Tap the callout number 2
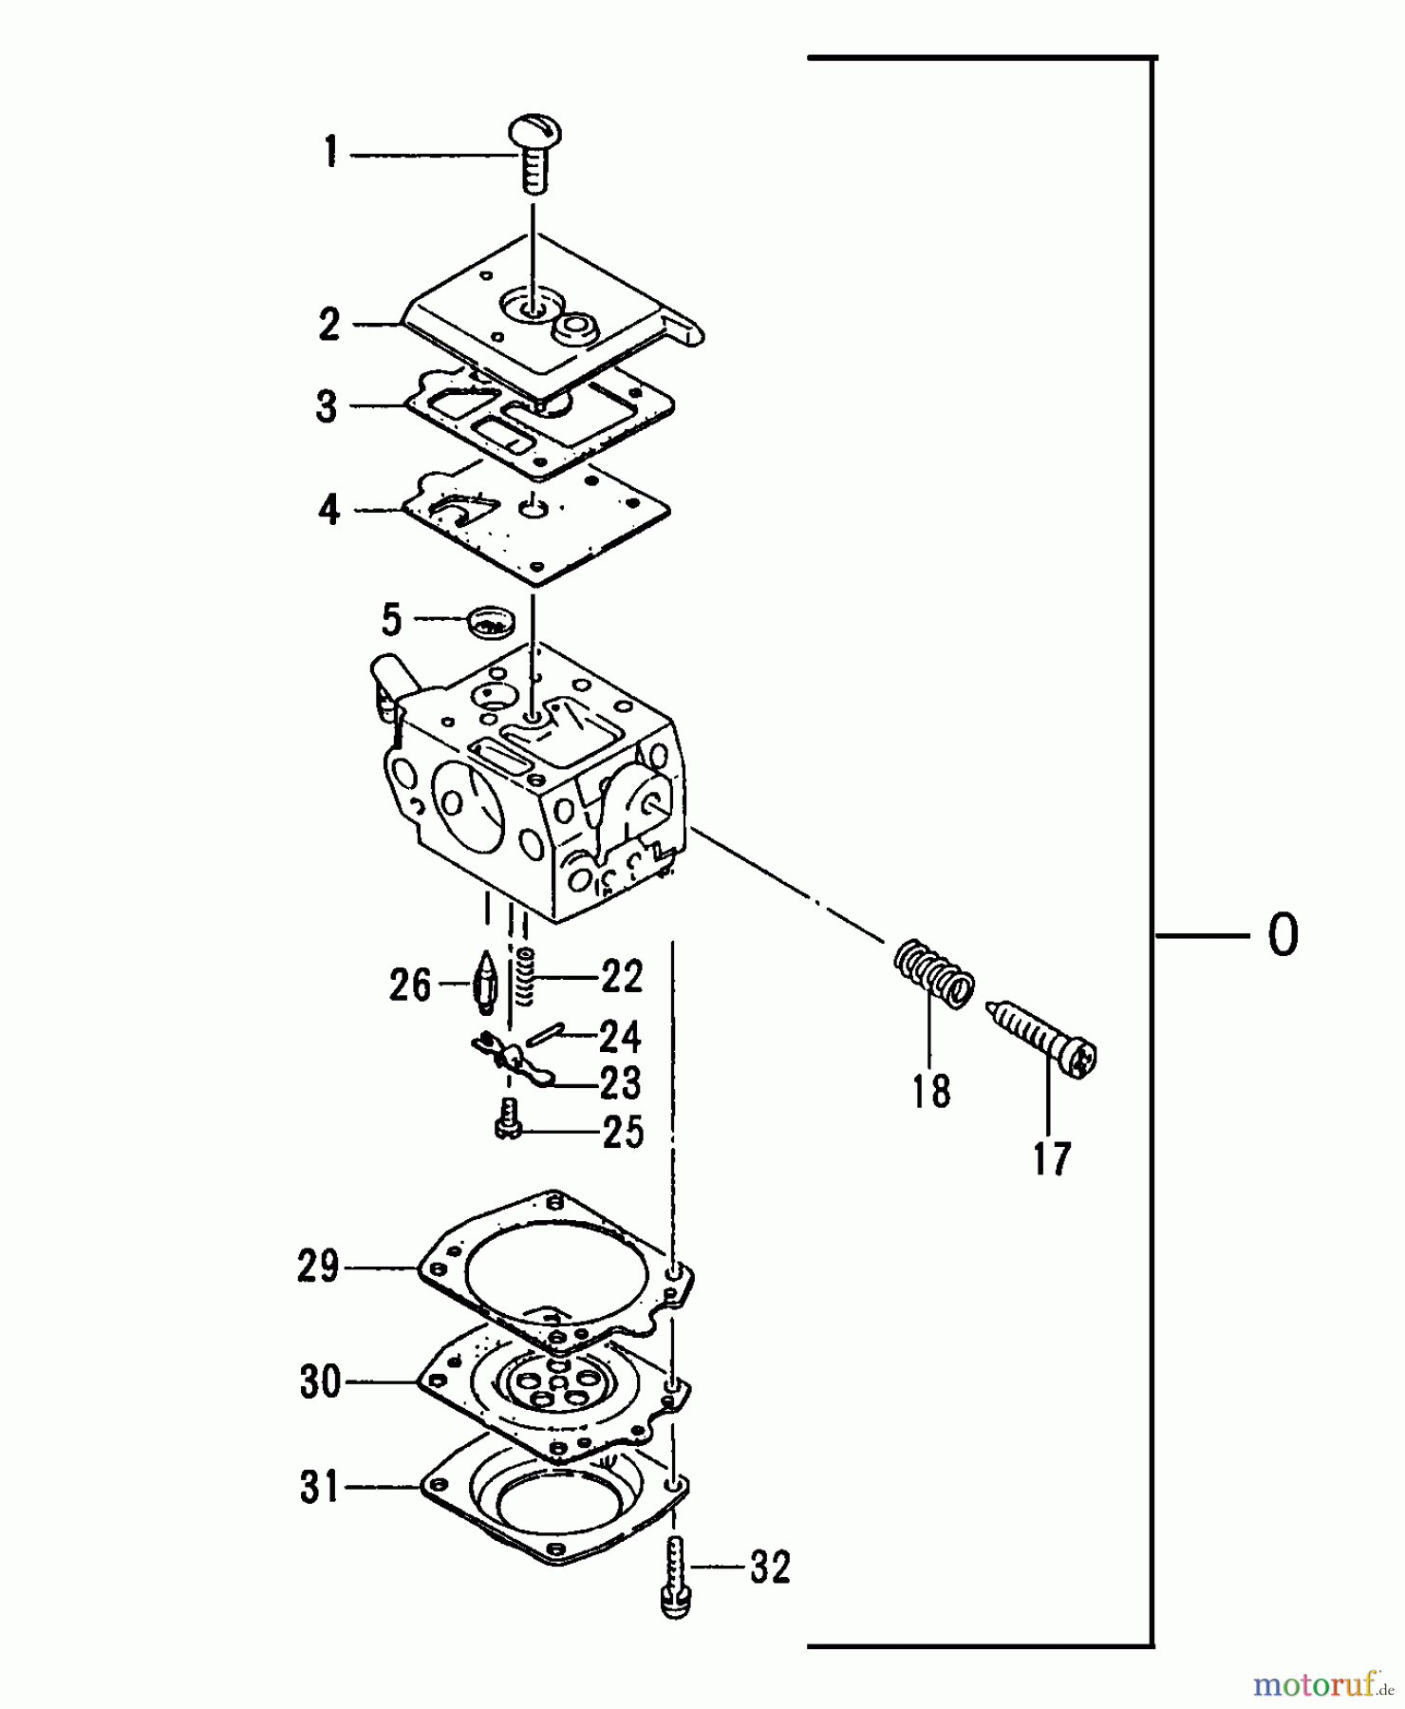point(328,325)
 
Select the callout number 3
point(327,406)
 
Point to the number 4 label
point(328,510)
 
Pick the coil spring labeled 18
point(934,973)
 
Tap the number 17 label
point(1052,1158)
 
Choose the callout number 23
point(621,1082)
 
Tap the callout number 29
point(318,1267)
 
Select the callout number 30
point(320,1381)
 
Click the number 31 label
point(320,1486)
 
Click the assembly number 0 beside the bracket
point(1283,935)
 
